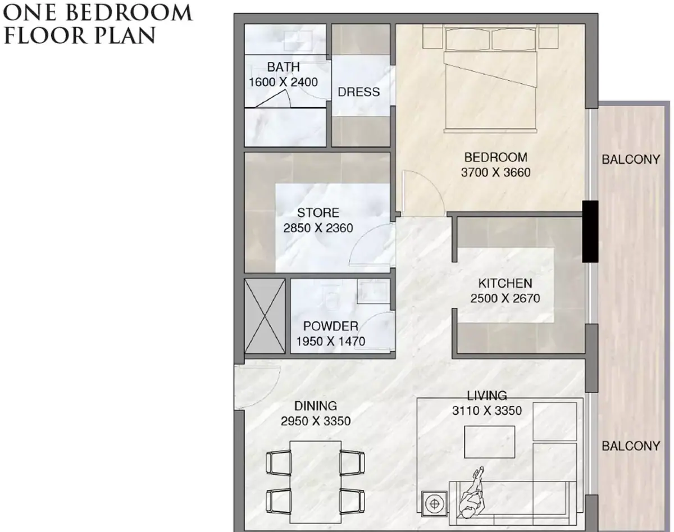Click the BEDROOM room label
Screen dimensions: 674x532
pyautogui.click(x=495, y=157)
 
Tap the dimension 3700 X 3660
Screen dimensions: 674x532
pyautogui.click(x=495, y=172)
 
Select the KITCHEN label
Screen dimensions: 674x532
pyautogui.click(x=505, y=283)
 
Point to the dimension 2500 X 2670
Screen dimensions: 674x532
pyautogui.click(x=505, y=298)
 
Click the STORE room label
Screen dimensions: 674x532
pyautogui.click(x=318, y=213)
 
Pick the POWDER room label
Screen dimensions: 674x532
pyautogui.click(x=330, y=326)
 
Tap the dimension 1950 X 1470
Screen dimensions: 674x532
pyautogui.click(x=330, y=341)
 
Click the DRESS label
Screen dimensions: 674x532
pyautogui.click(x=358, y=92)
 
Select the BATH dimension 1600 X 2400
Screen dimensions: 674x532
pyautogui.click(x=283, y=82)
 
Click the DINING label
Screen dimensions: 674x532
pyautogui.click(x=316, y=406)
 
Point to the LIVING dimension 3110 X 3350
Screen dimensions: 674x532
pyautogui.click(x=487, y=411)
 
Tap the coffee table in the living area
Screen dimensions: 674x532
pyautogui.click(x=489, y=442)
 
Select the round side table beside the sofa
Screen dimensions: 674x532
pyautogui.click(x=434, y=504)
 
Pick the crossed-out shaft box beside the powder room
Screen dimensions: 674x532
pyautogui.click(x=265, y=316)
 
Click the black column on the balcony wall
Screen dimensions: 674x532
pyautogui.click(x=590, y=231)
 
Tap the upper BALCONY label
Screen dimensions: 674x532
pyautogui.click(x=631, y=160)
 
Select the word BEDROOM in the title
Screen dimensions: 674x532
pyautogui.click(x=129, y=13)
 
